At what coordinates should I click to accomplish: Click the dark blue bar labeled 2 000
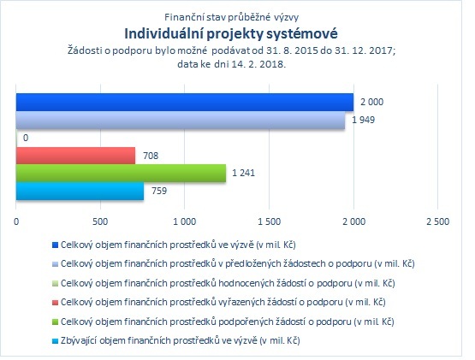click(x=185, y=103)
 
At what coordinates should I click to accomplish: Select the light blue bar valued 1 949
click(x=181, y=121)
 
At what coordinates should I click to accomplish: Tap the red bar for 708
click(x=75, y=156)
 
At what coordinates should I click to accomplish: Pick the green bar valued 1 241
click(x=121, y=174)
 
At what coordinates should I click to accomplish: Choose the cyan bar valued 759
click(x=80, y=191)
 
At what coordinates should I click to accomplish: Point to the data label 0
click(x=26, y=138)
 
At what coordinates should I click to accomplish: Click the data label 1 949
click(x=363, y=120)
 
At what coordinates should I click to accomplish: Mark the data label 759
click(x=159, y=191)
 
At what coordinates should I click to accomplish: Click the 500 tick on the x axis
click(x=100, y=221)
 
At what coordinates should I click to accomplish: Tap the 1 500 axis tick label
click(x=269, y=221)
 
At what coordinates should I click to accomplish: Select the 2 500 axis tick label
click(x=437, y=221)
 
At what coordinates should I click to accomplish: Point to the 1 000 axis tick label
click(x=185, y=221)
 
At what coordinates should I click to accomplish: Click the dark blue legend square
click(x=55, y=245)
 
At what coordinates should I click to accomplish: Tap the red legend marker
click(x=55, y=303)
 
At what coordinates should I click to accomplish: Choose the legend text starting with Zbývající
click(x=181, y=341)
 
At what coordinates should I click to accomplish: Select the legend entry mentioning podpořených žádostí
click(x=227, y=322)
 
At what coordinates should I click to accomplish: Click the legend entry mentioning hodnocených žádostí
click(x=228, y=283)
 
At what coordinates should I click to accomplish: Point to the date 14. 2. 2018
click(x=258, y=64)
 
